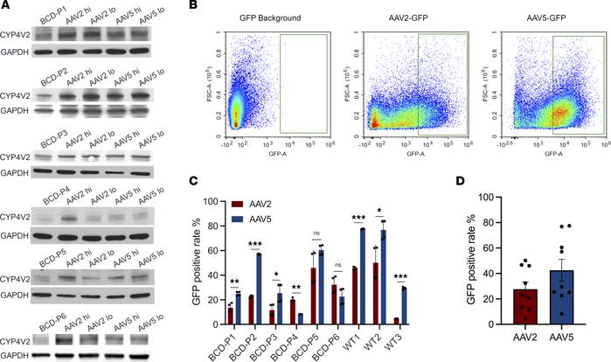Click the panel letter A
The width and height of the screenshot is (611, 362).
point(6,8)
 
